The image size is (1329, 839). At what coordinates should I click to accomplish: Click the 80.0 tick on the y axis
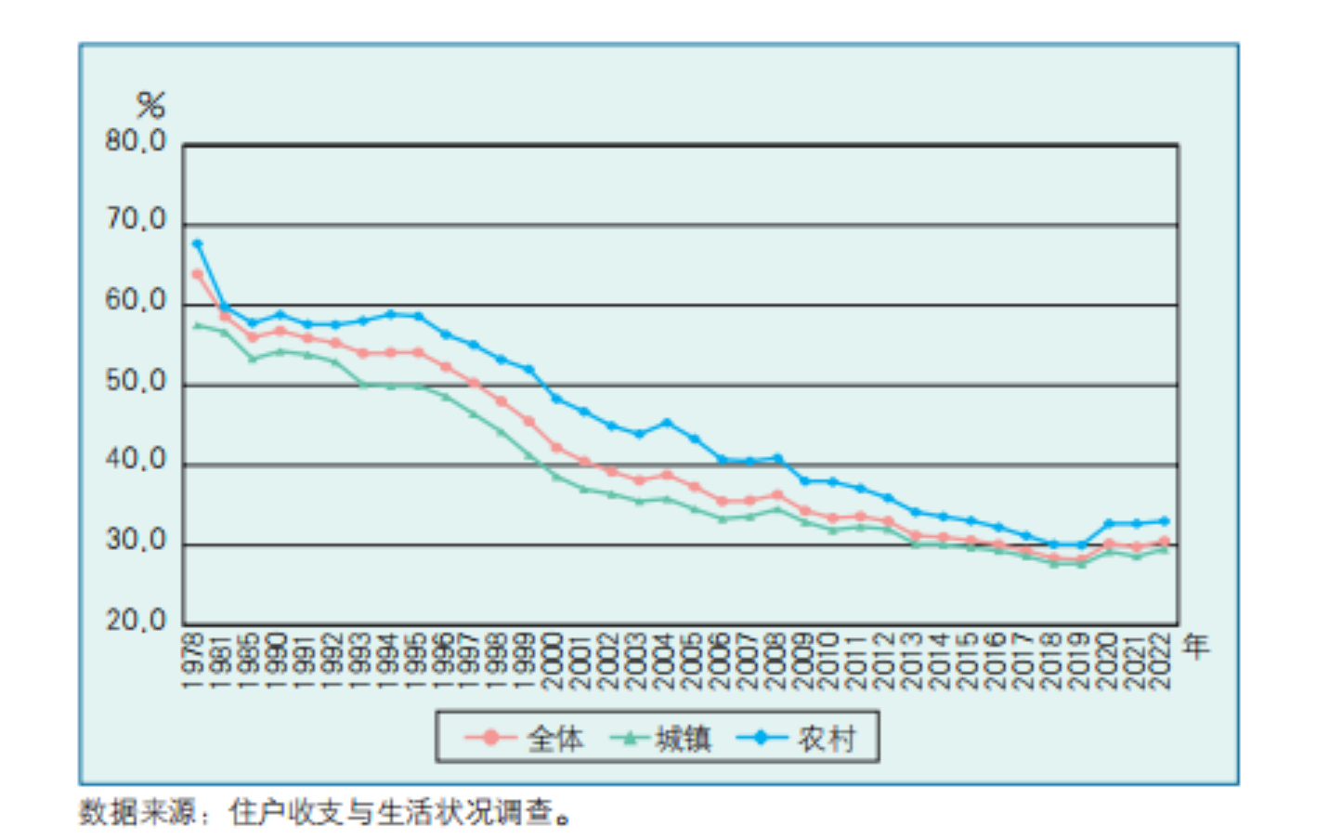(136, 142)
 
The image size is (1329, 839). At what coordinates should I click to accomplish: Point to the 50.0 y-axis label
(136, 382)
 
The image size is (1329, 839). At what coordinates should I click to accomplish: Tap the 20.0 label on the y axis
(136, 621)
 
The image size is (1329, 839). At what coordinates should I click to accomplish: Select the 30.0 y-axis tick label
(136, 541)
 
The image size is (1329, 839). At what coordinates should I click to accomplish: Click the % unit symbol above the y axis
(150, 105)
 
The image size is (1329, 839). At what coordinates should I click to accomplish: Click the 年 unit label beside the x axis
(1196, 645)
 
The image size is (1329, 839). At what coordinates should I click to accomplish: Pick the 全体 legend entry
(555, 739)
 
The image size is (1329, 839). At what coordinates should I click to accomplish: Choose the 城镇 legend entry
(683, 739)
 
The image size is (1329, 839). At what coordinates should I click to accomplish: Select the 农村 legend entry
(826, 739)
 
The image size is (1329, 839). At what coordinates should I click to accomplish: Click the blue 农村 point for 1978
(197, 244)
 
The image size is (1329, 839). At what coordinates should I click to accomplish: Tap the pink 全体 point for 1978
(197, 274)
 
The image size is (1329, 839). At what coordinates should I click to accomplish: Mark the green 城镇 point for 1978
(197, 325)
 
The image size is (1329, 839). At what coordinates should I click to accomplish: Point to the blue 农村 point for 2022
(1164, 521)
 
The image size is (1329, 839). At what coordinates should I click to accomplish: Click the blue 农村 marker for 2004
(667, 423)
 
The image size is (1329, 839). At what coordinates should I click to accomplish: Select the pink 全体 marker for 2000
(556, 448)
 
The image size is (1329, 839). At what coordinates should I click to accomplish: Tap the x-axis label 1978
(194, 661)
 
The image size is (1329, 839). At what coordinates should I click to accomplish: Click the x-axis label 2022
(1161, 661)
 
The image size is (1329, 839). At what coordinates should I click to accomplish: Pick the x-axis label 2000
(554, 661)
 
